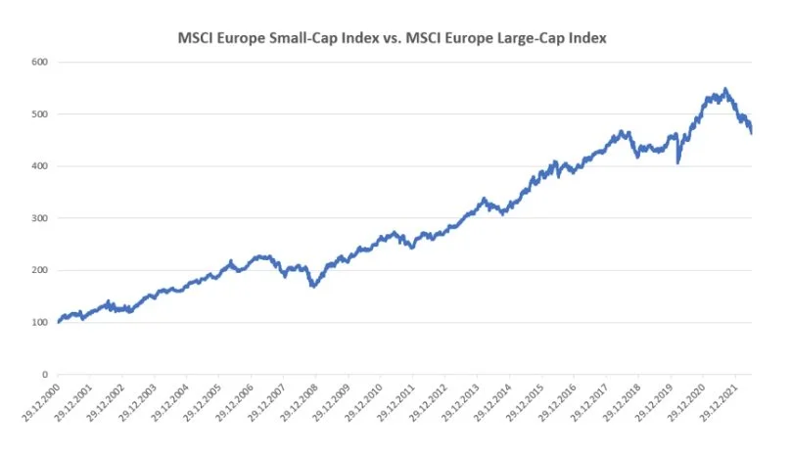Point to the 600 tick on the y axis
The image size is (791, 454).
coord(40,62)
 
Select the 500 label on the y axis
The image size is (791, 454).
coord(40,113)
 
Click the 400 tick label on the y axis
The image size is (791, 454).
coord(40,166)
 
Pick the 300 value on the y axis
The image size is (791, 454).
coord(40,218)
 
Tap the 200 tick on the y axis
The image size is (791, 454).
coord(40,270)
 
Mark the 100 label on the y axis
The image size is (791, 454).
coord(40,322)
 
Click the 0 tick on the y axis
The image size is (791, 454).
coord(45,375)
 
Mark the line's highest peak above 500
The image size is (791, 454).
coord(724,89)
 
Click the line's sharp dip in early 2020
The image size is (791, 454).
coord(677,162)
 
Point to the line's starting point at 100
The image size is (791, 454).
coord(58,322)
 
